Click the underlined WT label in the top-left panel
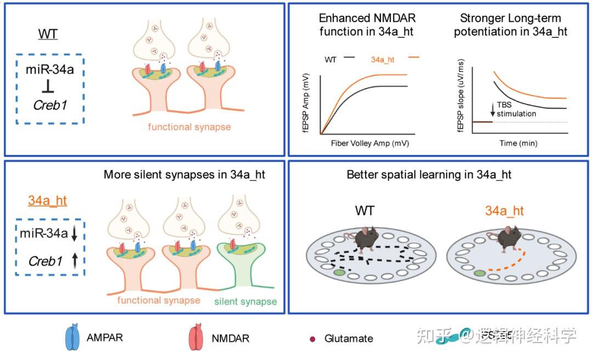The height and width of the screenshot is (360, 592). pyautogui.click(x=48, y=35)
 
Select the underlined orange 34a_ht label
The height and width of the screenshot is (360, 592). pyautogui.click(x=47, y=201)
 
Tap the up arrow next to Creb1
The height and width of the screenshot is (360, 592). pyautogui.click(x=75, y=262)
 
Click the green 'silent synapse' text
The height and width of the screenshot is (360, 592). pyautogui.click(x=245, y=301)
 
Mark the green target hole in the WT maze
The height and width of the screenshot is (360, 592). pyautogui.click(x=339, y=272)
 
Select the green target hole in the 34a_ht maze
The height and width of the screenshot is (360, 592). pyautogui.click(x=481, y=273)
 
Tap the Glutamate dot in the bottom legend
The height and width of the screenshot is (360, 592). pyautogui.click(x=313, y=338)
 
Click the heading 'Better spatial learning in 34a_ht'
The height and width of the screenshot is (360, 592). pyautogui.click(x=429, y=175)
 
